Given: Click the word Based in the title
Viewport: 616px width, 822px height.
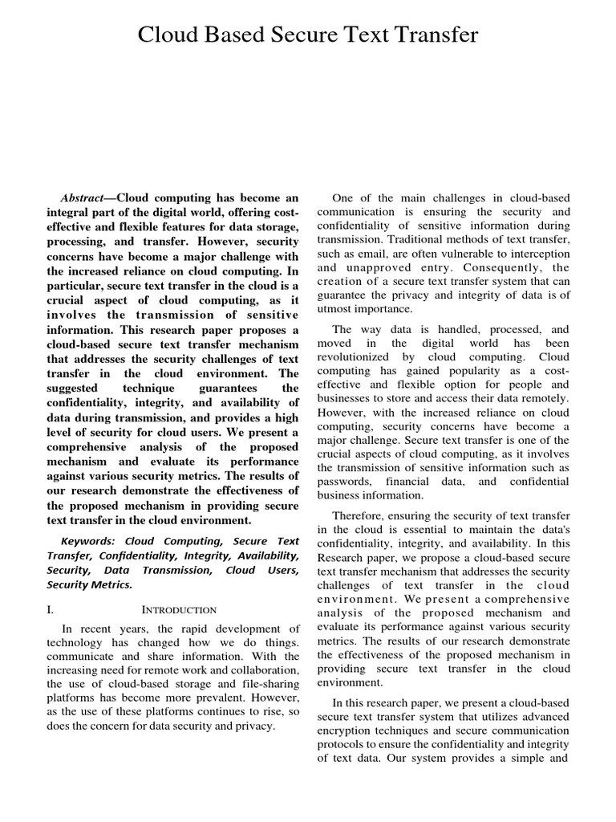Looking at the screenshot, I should point(237,35).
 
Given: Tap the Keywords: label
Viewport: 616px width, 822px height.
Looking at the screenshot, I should point(88,542).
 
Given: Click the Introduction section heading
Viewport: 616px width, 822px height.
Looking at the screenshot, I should point(185,610).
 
